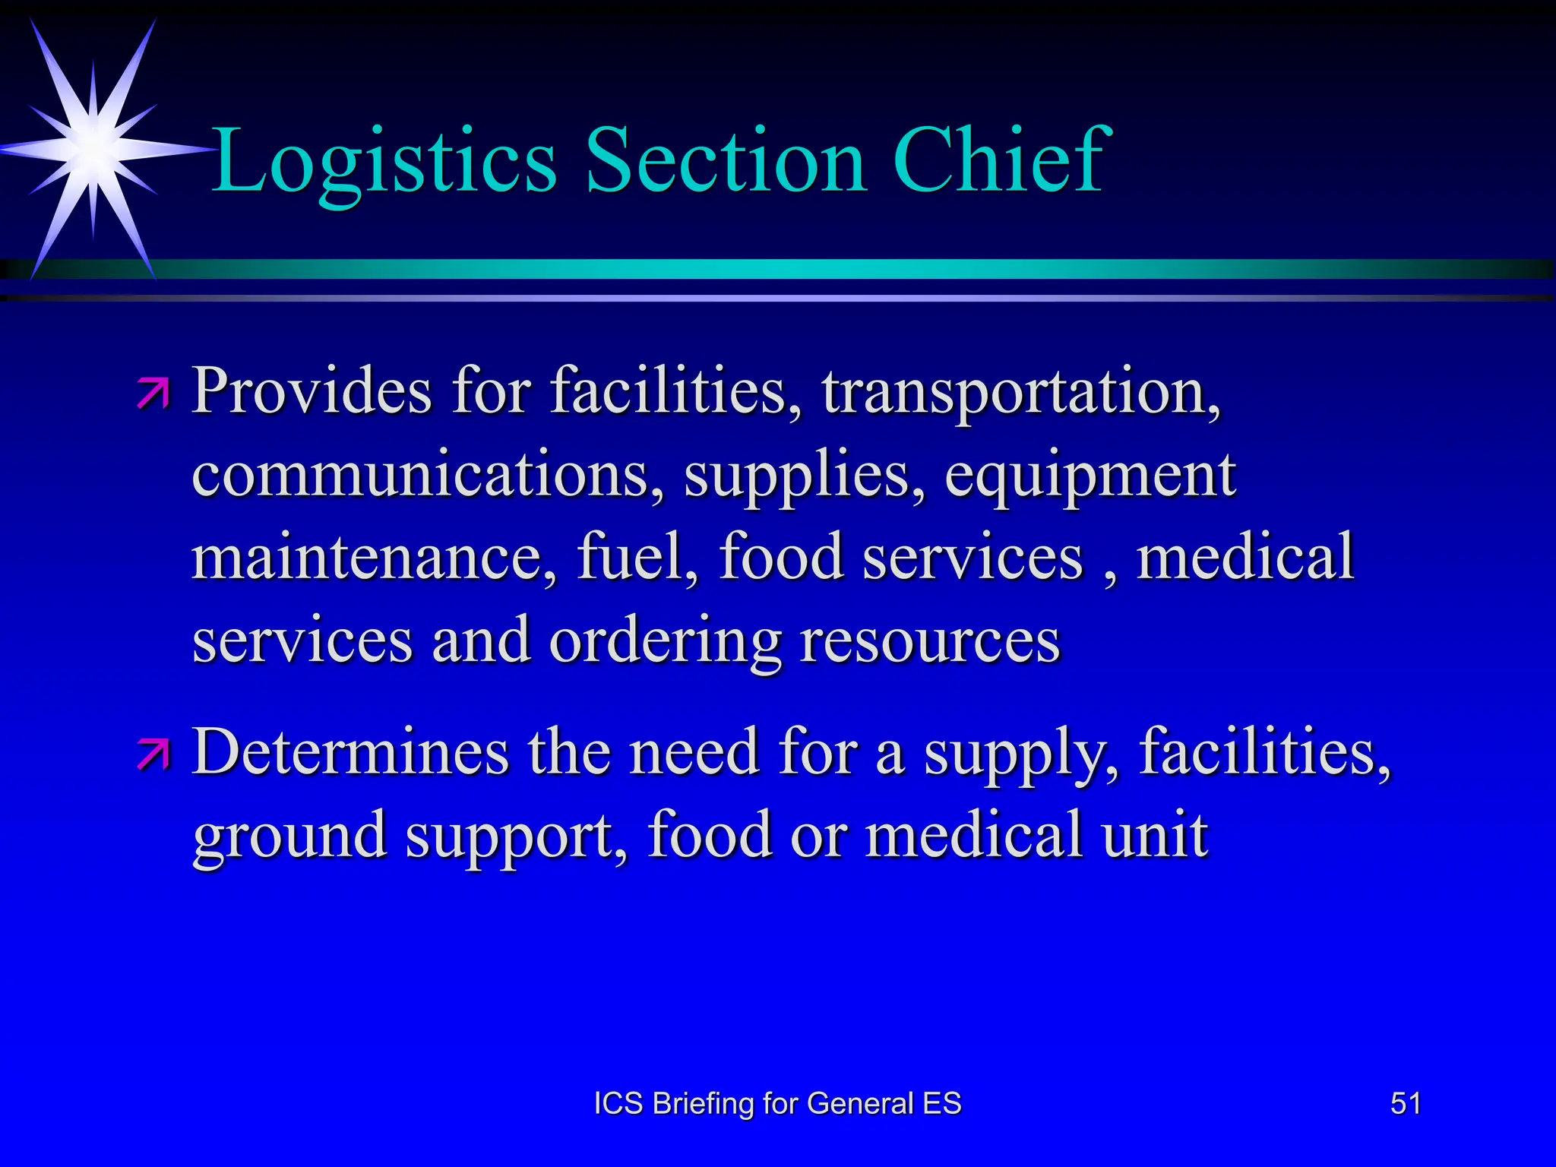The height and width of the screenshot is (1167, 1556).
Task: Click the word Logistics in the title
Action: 384,161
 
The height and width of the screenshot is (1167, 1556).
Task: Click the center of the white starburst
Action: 93,149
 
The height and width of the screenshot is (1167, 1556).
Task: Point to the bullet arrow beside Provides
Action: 154,394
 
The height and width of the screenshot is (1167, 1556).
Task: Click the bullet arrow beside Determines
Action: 154,754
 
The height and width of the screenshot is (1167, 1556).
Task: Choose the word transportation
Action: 1021,392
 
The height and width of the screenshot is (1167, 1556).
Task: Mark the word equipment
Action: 1090,476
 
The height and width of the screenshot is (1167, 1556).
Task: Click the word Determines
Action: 350,751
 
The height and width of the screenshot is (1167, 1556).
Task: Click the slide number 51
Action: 1405,1103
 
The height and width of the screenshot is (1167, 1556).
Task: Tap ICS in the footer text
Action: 618,1103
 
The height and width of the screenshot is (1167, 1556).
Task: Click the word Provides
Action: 312,391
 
